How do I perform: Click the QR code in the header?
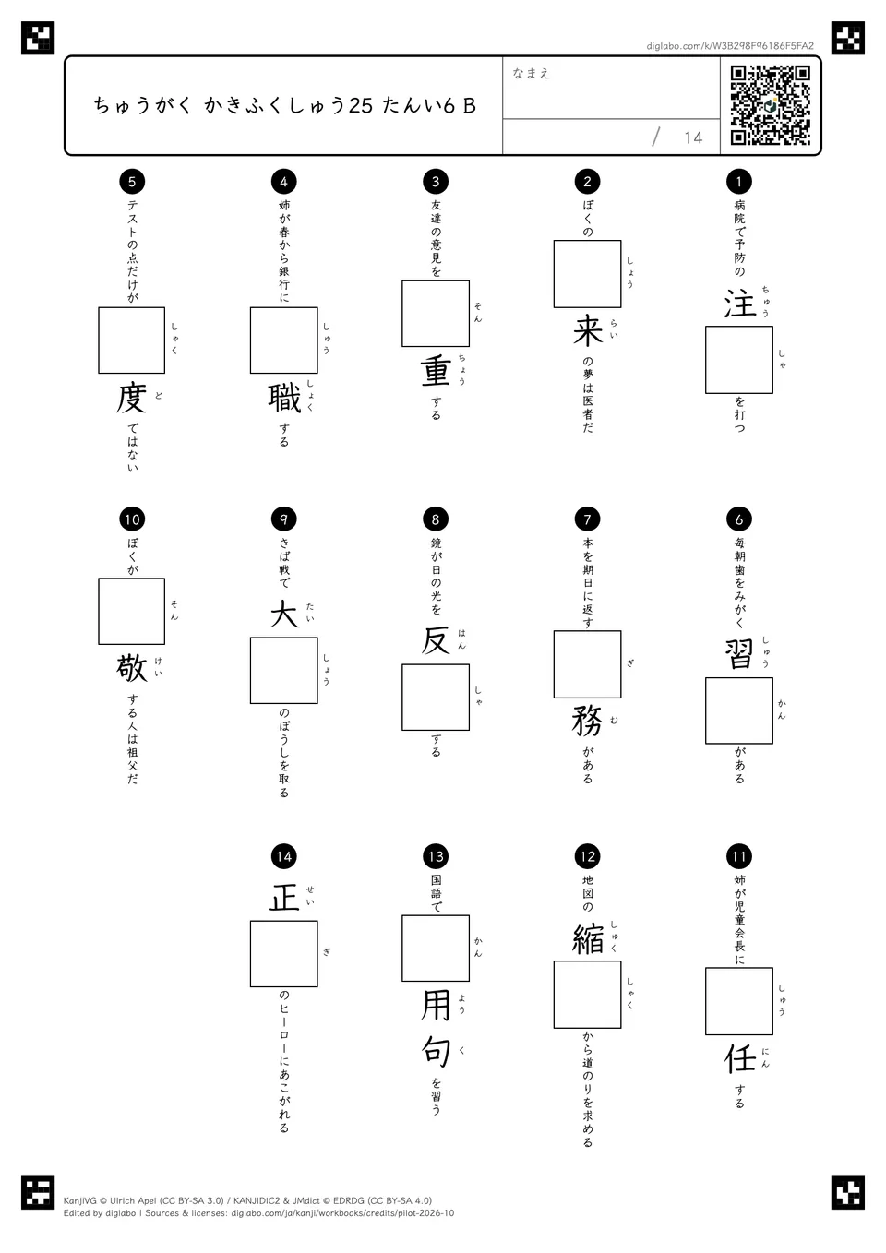(x=771, y=105)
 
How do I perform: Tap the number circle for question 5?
(x=132, y=181)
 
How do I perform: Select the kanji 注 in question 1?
(x=739, y=304)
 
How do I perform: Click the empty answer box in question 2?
(x=587, y=274)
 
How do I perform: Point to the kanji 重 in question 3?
(x=436, y=370)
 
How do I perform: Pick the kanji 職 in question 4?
(x=284, y=398)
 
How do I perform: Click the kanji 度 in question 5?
(x=132, y=398)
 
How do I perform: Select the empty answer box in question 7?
(x=587, y=664)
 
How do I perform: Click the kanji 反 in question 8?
(x=436, y=640)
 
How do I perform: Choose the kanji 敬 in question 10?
(x=132, y=668)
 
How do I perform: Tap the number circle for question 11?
(x=739, y=856)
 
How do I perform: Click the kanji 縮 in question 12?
(x=587, y=938)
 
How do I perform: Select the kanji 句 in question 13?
(x=436, y=1051)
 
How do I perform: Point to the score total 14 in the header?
(x=693, y=137)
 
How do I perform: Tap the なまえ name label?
(x=532, y=73)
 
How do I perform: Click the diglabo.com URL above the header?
(x=730, y=46)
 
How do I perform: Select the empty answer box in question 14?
(x=284, y=954)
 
